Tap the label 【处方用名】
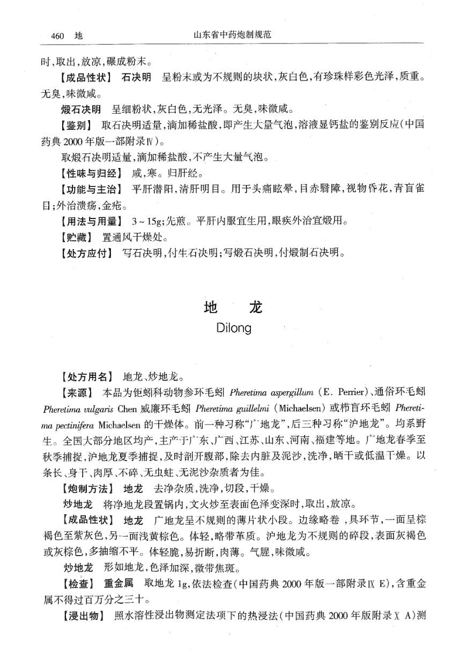pyautogui.click(x=88, y=376)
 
